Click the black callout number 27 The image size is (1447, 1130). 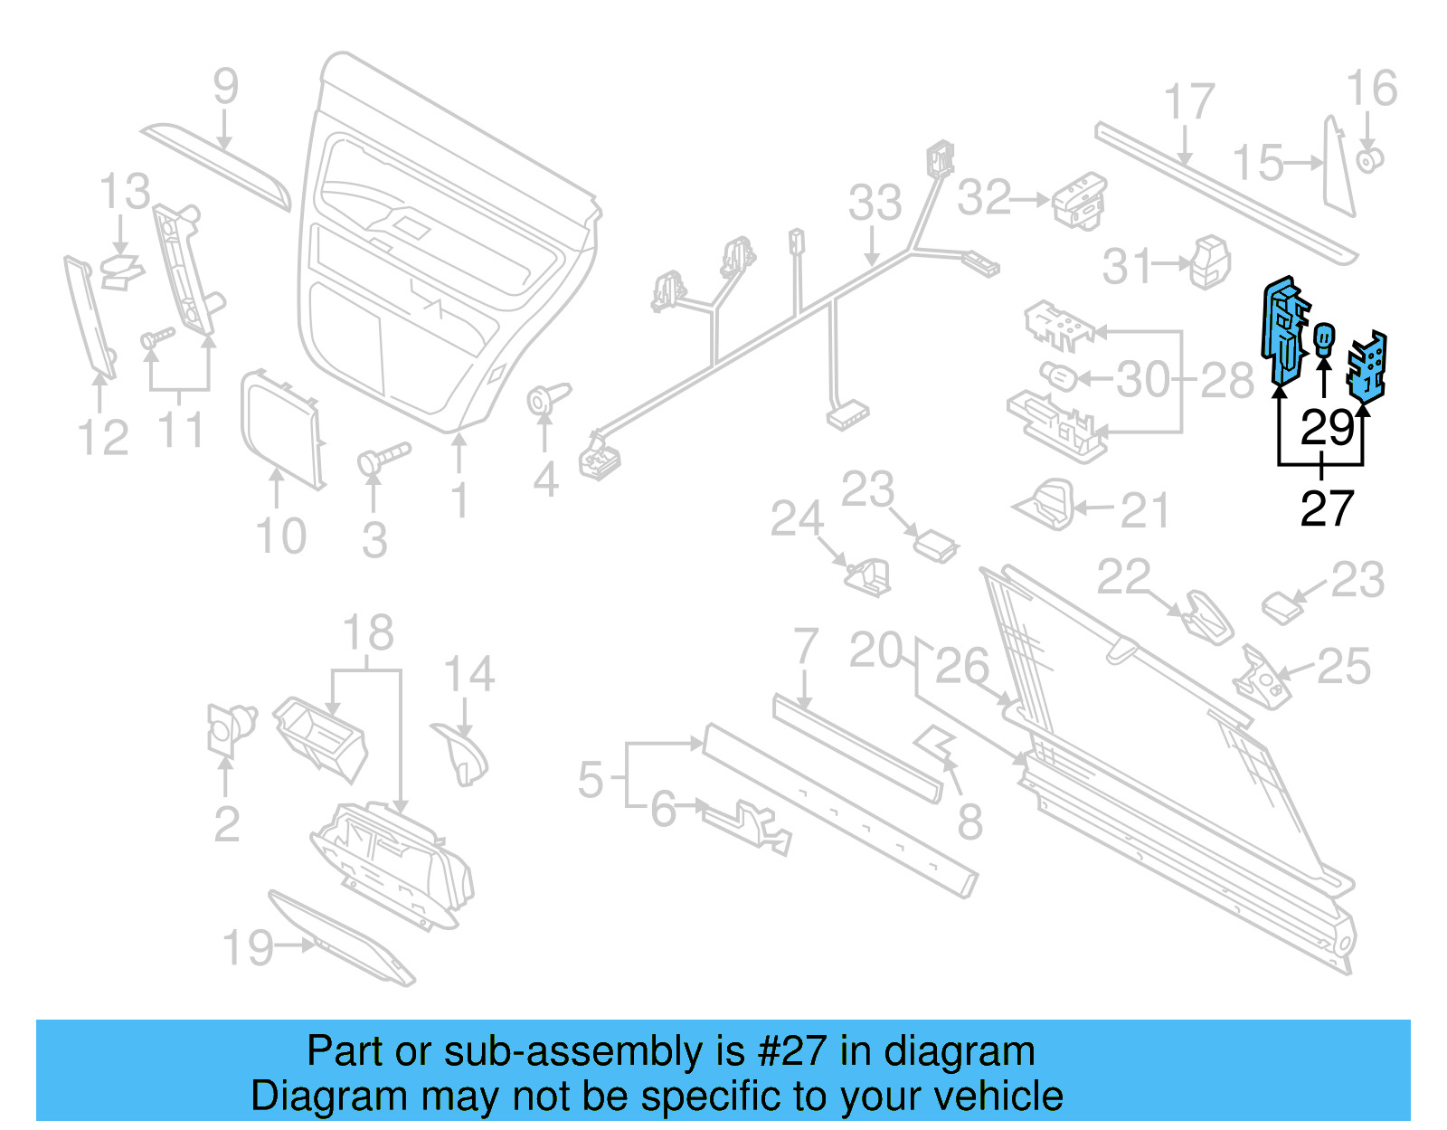[1327, 508]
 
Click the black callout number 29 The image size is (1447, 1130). [1327, 427]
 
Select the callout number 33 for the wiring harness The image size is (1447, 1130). [875, 203]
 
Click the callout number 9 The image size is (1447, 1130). [225, 87]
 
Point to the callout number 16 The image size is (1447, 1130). [1371, 89]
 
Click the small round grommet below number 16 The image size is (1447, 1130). [1370, 161]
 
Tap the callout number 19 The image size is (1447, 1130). [247, 948]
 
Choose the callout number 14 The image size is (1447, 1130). [468, 675]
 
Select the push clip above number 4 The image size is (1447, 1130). [546, 398]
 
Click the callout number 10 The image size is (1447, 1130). [280, 537]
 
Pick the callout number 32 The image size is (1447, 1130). [984, 197]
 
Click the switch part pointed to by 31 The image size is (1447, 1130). [1210, 262]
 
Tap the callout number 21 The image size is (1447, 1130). [1144, 512]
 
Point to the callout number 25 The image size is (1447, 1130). [1343, 667]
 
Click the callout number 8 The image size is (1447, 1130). [969, 822]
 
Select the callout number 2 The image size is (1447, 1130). [226, 824]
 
